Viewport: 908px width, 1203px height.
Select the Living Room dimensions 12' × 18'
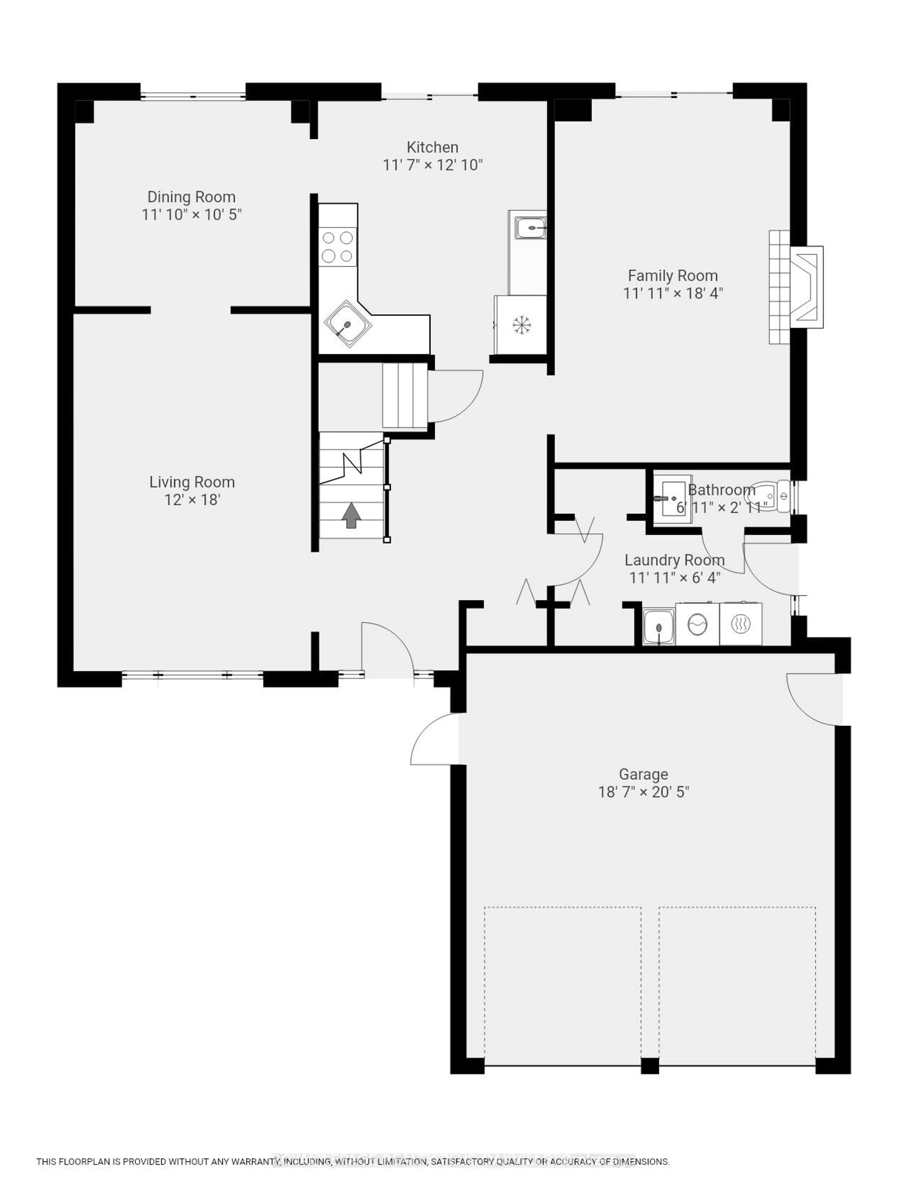192,500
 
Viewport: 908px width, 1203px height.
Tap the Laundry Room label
674,560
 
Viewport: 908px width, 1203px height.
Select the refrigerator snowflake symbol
521,325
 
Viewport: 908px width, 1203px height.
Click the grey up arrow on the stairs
351,514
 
